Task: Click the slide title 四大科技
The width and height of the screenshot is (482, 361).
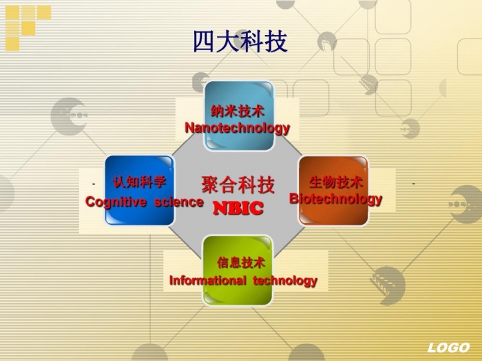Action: tap(240, 41)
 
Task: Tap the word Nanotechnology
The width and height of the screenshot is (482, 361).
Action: tap(237, 128)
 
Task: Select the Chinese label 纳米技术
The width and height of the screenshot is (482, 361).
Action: tap(238, 111)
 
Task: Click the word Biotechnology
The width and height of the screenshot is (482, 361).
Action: tap(335, 199)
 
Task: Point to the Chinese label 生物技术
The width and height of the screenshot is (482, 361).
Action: tap(336, 182)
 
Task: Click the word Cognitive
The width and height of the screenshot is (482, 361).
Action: tap(116, 201)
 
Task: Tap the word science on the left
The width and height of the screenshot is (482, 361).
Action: tap(178, 202)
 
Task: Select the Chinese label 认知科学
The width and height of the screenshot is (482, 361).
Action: tap(139, 182)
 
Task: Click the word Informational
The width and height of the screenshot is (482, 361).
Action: tap(208, 281)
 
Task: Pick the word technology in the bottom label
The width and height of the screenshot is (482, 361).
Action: tap(285, 281)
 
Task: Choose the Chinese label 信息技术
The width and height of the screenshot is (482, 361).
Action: tap(241, 263)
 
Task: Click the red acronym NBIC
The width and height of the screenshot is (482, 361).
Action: tap(238, 208)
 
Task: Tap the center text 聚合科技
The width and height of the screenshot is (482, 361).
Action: tap(238, 184)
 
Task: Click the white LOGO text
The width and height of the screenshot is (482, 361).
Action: tap(448, 347)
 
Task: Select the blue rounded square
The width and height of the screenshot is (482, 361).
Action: tap(140, 190)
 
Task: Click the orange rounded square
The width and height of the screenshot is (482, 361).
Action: tap(333, 191)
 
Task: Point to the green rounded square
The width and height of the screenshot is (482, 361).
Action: tap(238, 270)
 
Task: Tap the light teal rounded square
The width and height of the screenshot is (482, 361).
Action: tap(239, 116)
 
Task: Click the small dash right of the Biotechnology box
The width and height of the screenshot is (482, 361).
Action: tap(413, 184)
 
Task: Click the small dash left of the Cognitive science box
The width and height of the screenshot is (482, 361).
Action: tap(94, 184)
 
